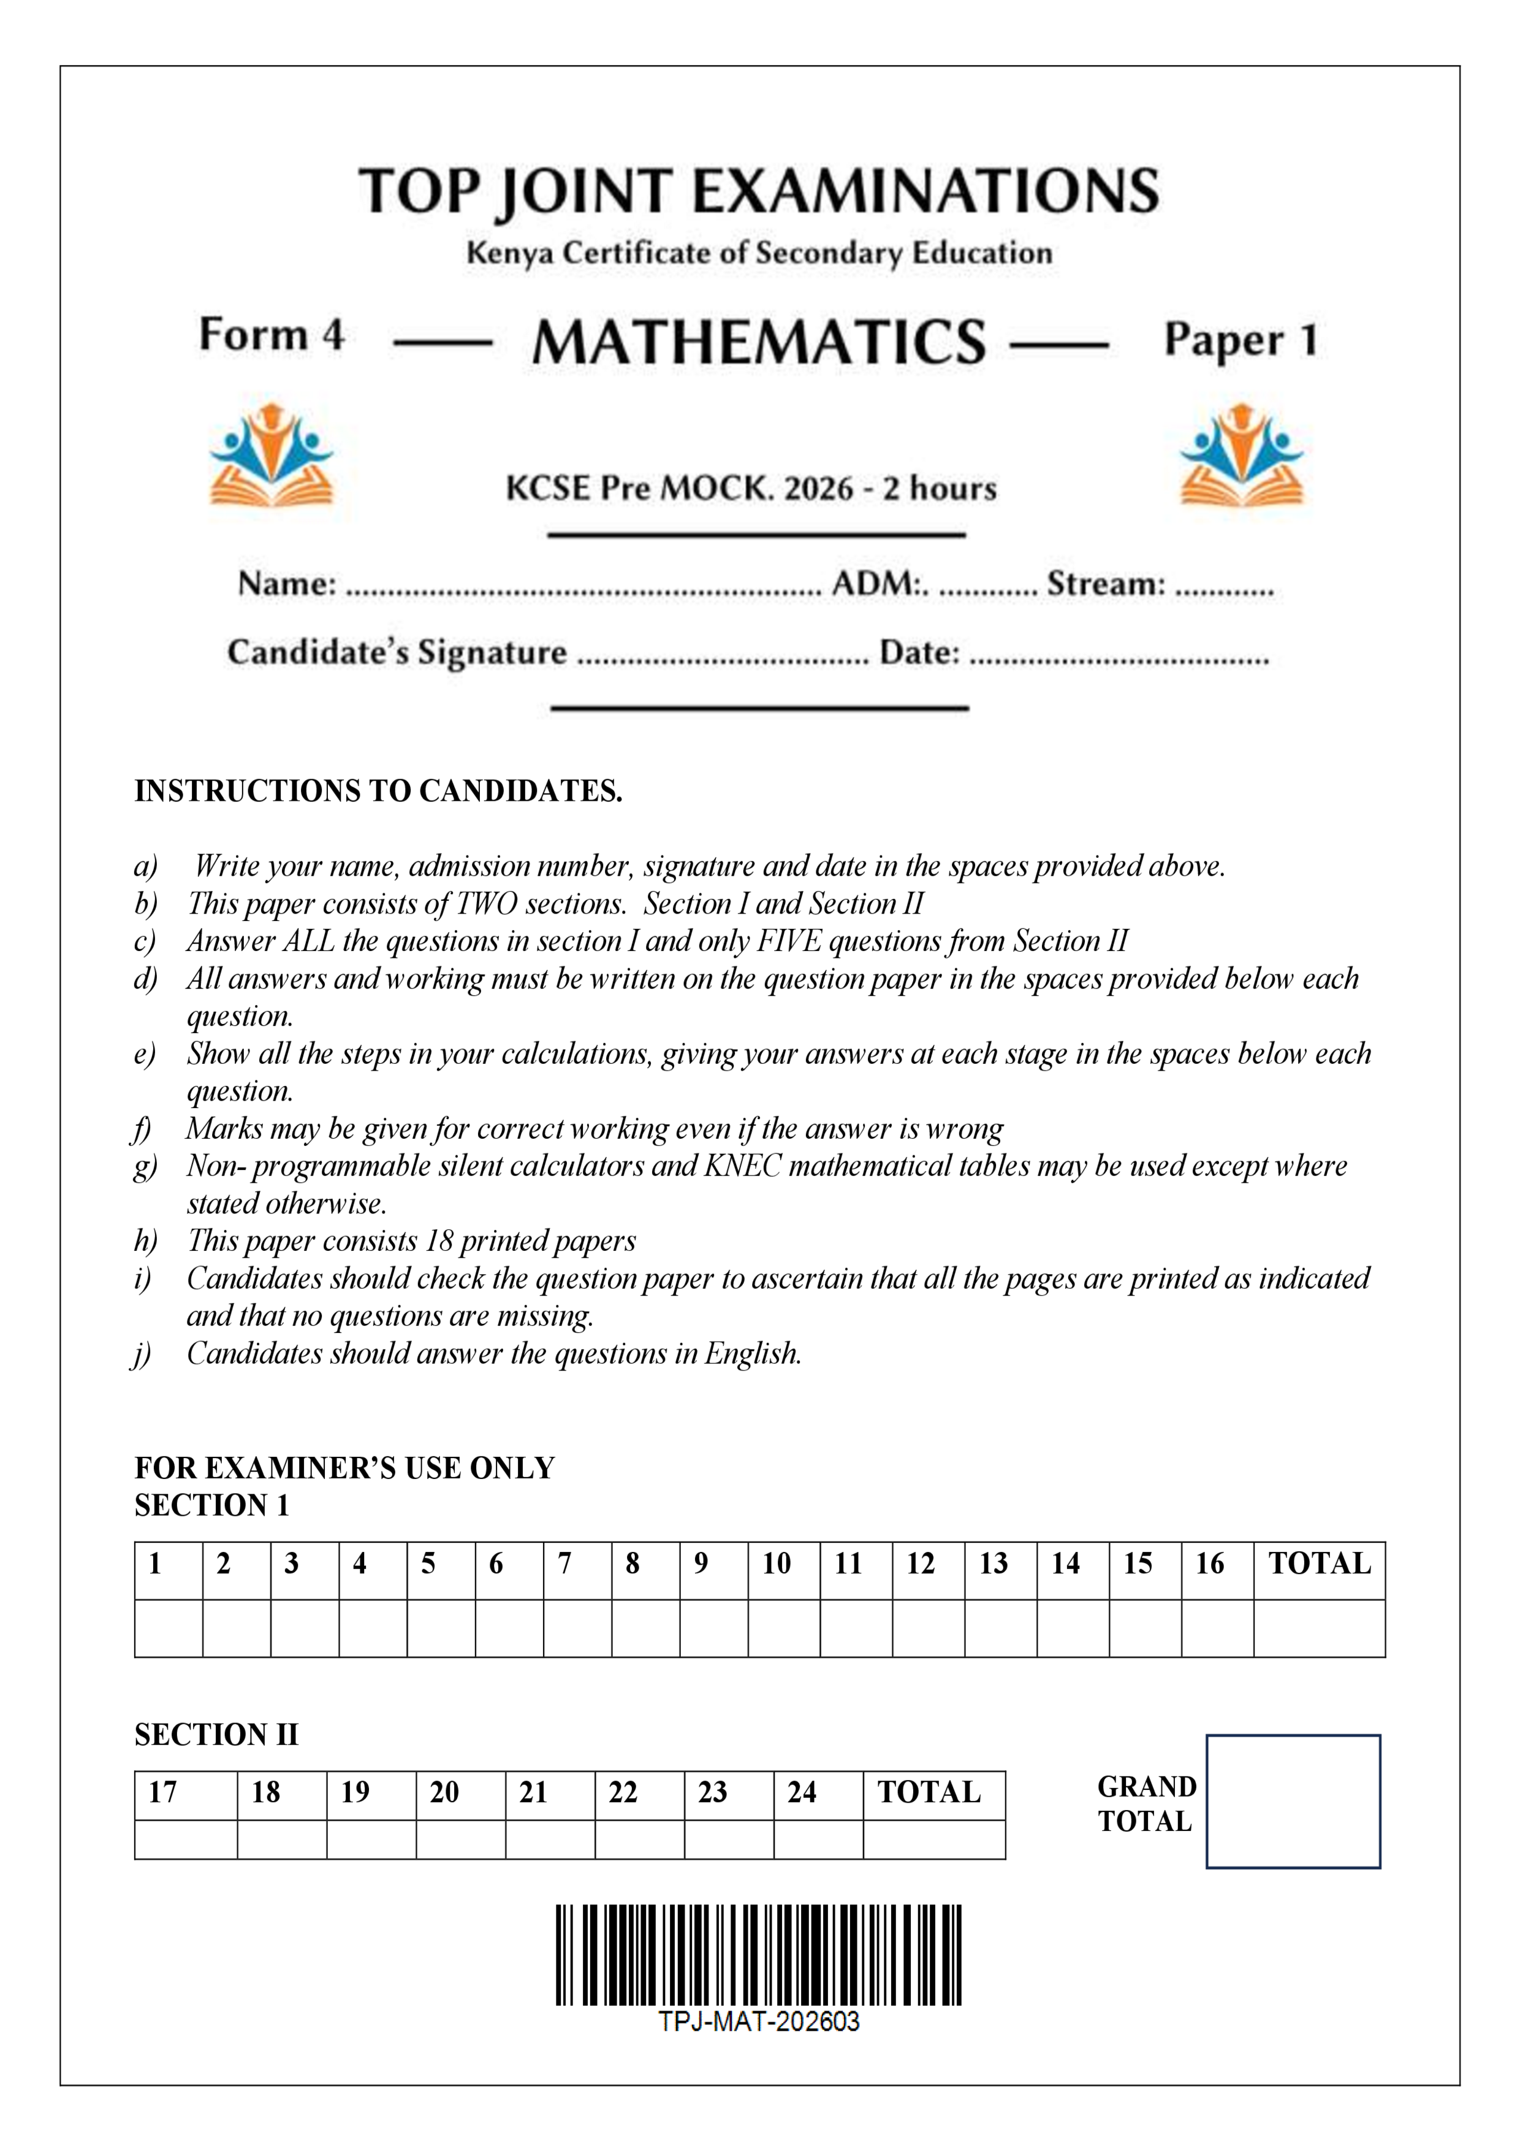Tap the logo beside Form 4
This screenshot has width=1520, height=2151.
(x=272, y=456)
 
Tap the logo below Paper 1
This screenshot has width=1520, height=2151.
(x=1242, y=456)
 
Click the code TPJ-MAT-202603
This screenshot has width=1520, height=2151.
(x=759, y=2022)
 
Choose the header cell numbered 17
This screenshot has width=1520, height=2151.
(x=186, y=1792)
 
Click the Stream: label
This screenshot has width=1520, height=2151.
(x=1105, y=584)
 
